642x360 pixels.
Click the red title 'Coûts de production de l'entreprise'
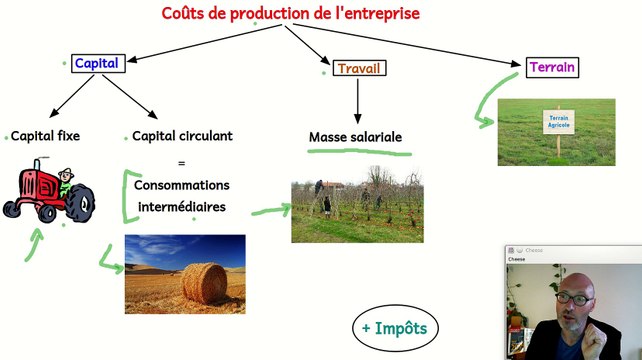coord(291,14)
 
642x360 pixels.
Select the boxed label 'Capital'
coord(96,63)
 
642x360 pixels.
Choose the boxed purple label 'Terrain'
coord(553,68)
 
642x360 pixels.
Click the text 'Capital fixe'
coord(45,136)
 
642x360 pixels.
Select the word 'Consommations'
coord(181,186)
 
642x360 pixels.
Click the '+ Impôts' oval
coord(395,328)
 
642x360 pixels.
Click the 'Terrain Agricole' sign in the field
coord(557,121)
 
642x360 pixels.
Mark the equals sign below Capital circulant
coord(181,162)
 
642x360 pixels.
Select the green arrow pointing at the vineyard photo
coord(269,210)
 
